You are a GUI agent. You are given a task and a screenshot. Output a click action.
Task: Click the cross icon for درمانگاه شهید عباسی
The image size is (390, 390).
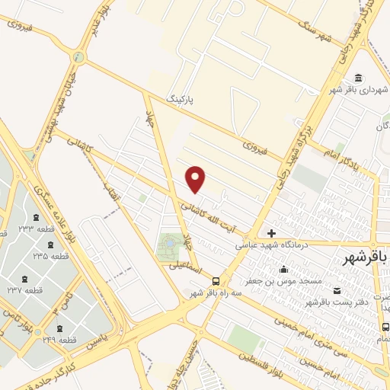271,233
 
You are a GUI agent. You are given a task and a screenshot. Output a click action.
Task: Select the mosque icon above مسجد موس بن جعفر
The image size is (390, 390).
283,269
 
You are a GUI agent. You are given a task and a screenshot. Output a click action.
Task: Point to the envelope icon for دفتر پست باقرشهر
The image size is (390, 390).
337,291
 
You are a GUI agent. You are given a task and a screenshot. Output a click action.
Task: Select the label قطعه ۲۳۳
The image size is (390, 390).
37,229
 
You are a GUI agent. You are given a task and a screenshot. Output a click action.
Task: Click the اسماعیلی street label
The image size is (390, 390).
183,266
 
